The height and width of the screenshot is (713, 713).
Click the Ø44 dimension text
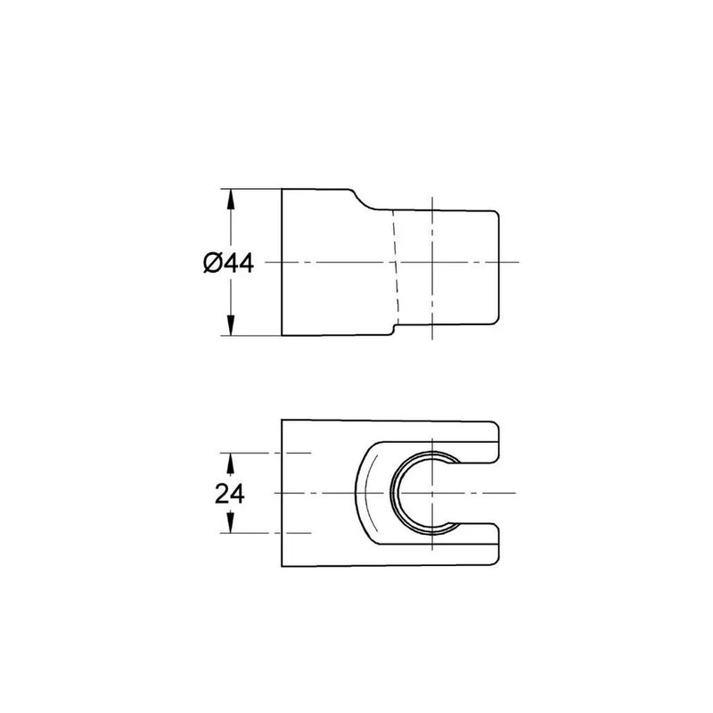point(228,263)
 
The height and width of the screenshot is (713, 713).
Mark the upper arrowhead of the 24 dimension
point(232,460)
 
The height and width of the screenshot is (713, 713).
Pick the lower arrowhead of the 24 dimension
point(232,527)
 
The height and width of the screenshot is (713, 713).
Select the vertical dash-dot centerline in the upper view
point(431,294)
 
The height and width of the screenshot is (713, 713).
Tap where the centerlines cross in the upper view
point(431,262)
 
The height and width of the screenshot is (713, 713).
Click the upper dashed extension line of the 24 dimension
point(267,453)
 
